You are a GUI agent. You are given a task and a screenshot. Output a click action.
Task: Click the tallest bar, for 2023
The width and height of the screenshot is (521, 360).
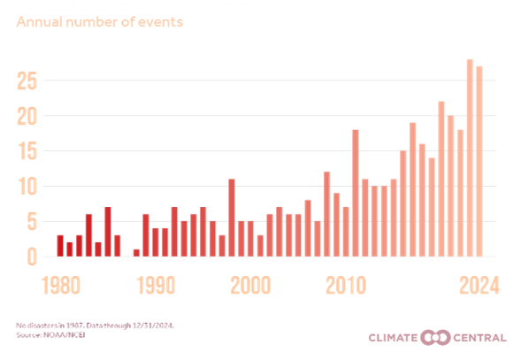[470, 158]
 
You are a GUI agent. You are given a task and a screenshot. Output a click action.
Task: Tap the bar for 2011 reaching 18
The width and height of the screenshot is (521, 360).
[355, 194]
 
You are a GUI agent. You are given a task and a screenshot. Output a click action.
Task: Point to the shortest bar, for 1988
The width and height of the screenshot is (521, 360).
[136, 253]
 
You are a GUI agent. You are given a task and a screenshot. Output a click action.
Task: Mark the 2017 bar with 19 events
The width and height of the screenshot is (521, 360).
[412, 190]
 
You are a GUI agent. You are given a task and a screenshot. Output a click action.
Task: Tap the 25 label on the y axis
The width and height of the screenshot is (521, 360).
[28, 81]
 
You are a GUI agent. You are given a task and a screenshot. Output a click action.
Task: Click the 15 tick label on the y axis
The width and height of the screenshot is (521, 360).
[28, 151]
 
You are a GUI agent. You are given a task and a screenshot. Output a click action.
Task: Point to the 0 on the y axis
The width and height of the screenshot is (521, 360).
[33, 257]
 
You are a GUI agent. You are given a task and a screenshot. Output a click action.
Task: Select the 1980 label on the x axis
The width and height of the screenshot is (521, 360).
[58, 287]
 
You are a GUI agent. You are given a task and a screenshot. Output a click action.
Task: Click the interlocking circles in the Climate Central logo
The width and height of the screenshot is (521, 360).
[435, 338]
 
